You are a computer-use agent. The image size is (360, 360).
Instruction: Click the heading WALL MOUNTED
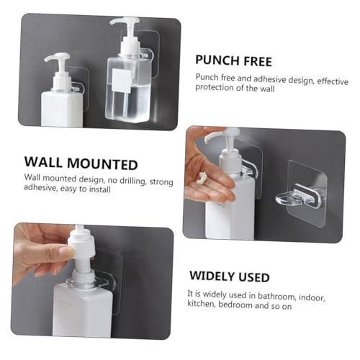tap(81, 163)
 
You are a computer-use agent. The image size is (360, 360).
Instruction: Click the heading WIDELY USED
tap(230, 276)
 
